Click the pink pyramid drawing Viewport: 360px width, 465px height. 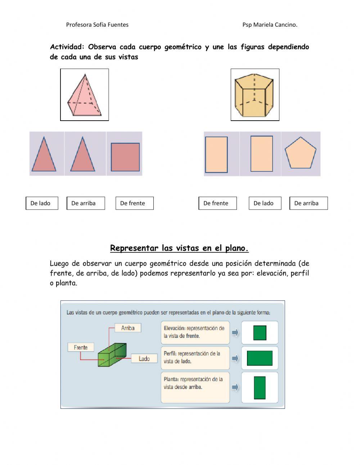[x=84, y=95]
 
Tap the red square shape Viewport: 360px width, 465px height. [x=125, y=157]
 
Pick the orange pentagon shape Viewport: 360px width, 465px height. [x=300, y=153]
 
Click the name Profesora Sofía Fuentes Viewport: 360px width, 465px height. [x=97, y=25]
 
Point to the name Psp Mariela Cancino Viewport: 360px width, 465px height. [x=270, y=25]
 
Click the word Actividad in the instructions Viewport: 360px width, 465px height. [x=67, y=47]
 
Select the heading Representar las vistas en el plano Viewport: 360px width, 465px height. [x=179, y=248]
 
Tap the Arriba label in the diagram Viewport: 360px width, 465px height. [x=128, y=328]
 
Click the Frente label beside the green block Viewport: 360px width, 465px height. [x=81, y=347]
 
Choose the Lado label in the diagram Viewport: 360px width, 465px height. [x=144, y=358]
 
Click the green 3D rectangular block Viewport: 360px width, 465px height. [x=112, y=355]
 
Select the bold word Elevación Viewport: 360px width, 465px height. [x=174, y=328]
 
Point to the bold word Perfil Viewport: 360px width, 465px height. [x=170, y=354]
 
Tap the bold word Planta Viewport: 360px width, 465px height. [x=171, y=379]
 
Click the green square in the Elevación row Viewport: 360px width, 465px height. [x=260, y=333]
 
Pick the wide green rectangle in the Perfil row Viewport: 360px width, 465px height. [x=260, y=358]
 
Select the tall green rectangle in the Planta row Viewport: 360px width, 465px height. [x=260, y=388]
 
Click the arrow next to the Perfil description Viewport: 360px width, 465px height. [x=235, y=358]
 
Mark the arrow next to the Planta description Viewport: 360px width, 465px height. [x=235, y=387]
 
